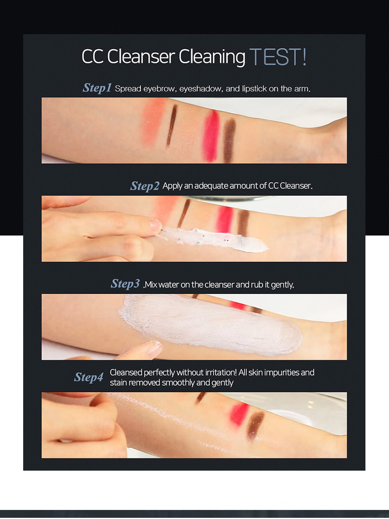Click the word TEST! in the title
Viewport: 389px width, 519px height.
(278, 57)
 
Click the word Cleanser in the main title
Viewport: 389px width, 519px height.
(141, 57)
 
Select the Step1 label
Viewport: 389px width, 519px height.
(97, 88)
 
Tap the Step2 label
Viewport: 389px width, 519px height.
(145, 186)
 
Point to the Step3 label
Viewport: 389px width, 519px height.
(125, 284)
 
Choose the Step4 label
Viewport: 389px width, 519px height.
(88, 377)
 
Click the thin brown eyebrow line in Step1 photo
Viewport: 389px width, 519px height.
(172, 125)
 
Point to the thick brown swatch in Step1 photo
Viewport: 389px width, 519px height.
(229, 140)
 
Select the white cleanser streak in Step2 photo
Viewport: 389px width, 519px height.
(213, 240)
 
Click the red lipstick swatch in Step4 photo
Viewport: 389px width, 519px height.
(239, 415)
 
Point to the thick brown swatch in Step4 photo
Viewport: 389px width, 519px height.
(255, 426)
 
